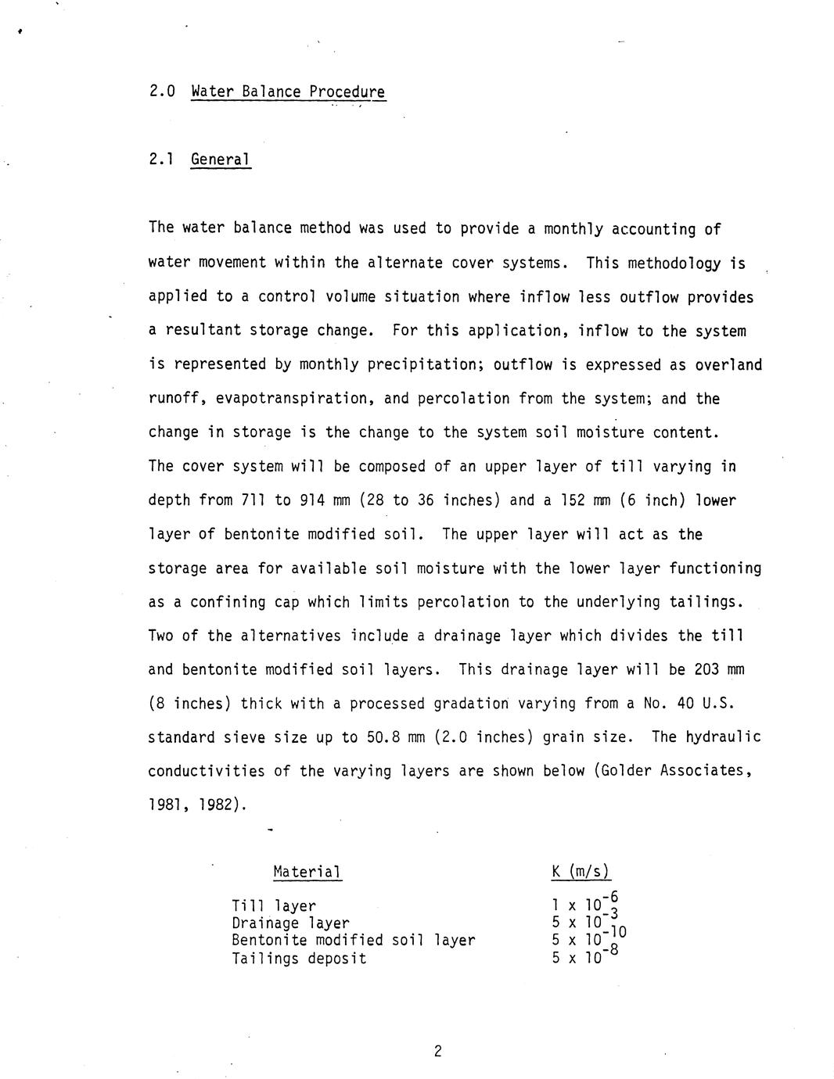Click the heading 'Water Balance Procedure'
click(x=288, y=92)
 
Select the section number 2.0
click(x=161, y=91)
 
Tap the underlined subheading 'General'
click(x=221, y=160)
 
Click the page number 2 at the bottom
click(x=437, y=1051)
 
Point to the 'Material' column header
click(x=307, y=871)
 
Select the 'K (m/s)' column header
click(x=581, y=871)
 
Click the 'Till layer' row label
click(x=274, y=906)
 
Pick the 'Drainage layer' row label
click(x=290, y=923)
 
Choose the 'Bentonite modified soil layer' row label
click(x=353, y=940)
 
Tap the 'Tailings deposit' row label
click(x=299, y=958)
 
